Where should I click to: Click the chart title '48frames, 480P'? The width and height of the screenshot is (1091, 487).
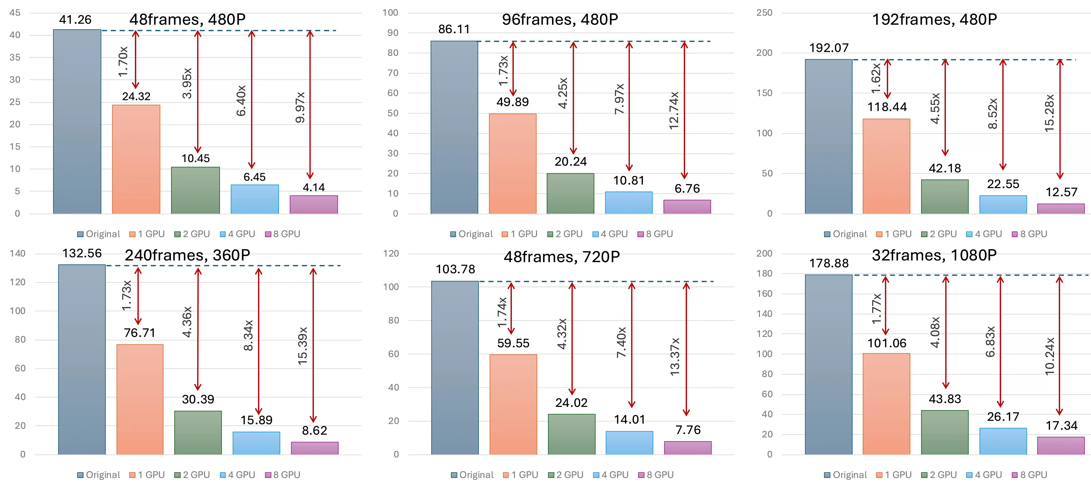point(187,20)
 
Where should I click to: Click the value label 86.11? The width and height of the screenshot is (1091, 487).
point(454,29)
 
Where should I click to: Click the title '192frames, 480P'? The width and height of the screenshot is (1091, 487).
point(934,20)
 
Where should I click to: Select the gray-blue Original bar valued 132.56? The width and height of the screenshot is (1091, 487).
point(82,360)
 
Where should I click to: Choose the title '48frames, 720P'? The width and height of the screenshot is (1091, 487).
point(562,257)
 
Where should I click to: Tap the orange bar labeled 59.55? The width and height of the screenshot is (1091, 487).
point(513,404)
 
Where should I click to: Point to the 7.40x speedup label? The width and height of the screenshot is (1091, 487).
point(621,342)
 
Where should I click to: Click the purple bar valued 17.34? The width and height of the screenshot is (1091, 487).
point(1061,446)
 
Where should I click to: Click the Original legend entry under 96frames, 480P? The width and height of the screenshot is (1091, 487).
point(471,234)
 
